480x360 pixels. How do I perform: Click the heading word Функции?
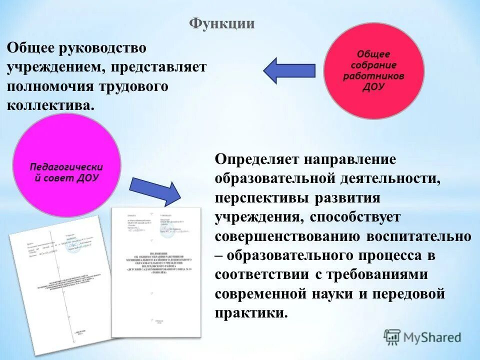222,23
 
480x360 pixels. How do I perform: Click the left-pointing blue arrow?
288,70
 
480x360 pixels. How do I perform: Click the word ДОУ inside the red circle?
373,86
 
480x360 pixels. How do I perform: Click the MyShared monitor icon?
392,337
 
